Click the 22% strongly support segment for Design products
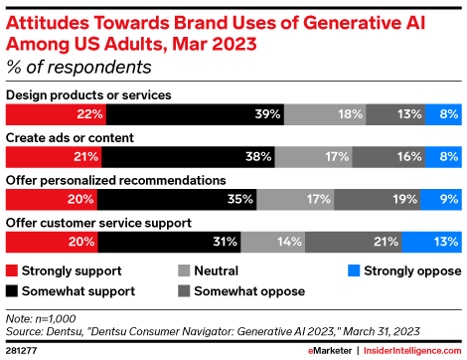[x=55, y=114]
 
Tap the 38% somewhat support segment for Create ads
[x=186, y=156]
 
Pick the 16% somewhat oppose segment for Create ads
[x=387, y=156]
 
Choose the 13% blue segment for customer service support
[x=432, y=242]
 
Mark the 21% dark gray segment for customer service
[x=353, y=242]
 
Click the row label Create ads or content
[x=70, y=136]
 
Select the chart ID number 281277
[x=21, y=350]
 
